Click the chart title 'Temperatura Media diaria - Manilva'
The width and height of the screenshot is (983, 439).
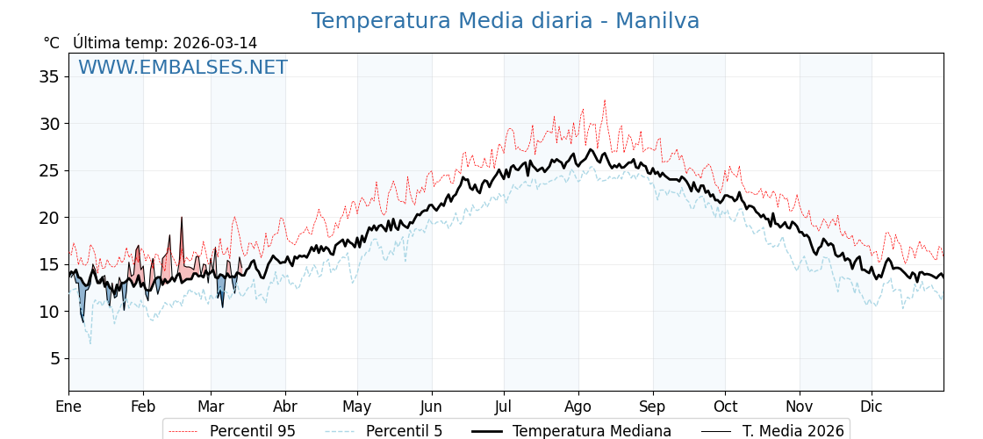click(x=506, y=21)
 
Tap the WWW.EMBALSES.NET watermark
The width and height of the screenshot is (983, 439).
click(x=183, y=68)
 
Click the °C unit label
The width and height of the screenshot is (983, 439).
click(x=52, y=43)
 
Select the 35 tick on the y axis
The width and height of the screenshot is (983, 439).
click(x=49, y=76)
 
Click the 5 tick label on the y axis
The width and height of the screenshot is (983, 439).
click(x=54, y=358)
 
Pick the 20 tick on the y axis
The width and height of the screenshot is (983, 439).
click(x=49, y=218)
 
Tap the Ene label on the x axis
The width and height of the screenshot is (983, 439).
click(x=68, y=407)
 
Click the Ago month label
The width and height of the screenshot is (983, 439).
click(x=578, y=407)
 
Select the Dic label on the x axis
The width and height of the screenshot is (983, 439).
click(x=872, y=407)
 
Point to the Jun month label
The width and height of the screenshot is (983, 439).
click(x=431, y=407)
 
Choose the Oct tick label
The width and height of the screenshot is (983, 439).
click(x=725, y=407)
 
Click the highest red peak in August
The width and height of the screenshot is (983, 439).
click(x=604, y=101)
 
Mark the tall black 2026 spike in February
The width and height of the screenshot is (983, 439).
click(x=182, y=218)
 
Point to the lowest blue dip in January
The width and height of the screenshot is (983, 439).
click(x=83, y=321)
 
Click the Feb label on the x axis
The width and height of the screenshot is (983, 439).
click(x=143, y=407)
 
